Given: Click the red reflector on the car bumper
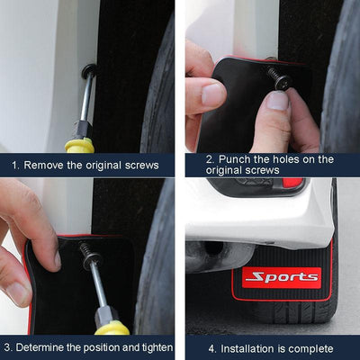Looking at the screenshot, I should (x=293, y=183).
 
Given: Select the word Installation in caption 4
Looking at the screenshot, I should (x=247, y=347).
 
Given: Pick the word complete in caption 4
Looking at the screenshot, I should (x=310, y=347).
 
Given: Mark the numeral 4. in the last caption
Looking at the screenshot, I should (x=212, y=347).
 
